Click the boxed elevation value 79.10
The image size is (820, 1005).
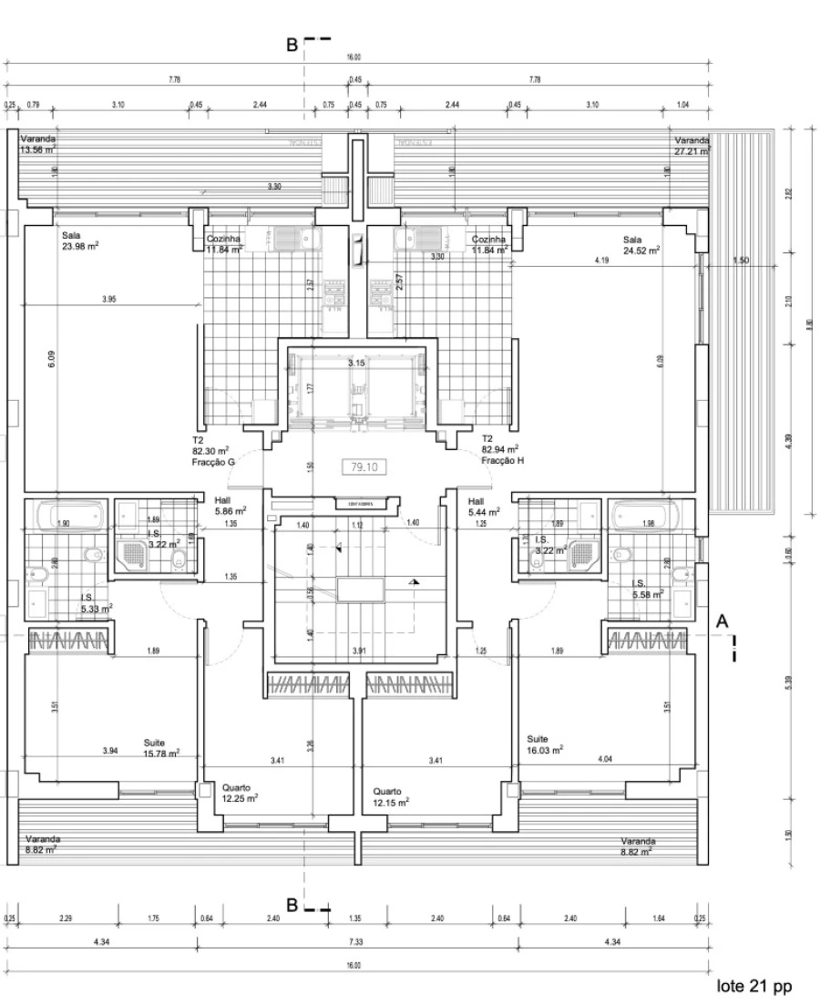[363, 467]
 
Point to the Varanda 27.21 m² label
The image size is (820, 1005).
[692, 147]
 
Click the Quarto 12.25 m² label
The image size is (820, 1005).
[240, 793]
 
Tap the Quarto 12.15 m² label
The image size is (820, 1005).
[391, 796]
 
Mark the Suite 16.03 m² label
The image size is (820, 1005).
[545, 743]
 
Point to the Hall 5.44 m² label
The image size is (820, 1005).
[483, 506]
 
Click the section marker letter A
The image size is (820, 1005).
[723, 620]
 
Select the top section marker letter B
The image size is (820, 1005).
[292, 45]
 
